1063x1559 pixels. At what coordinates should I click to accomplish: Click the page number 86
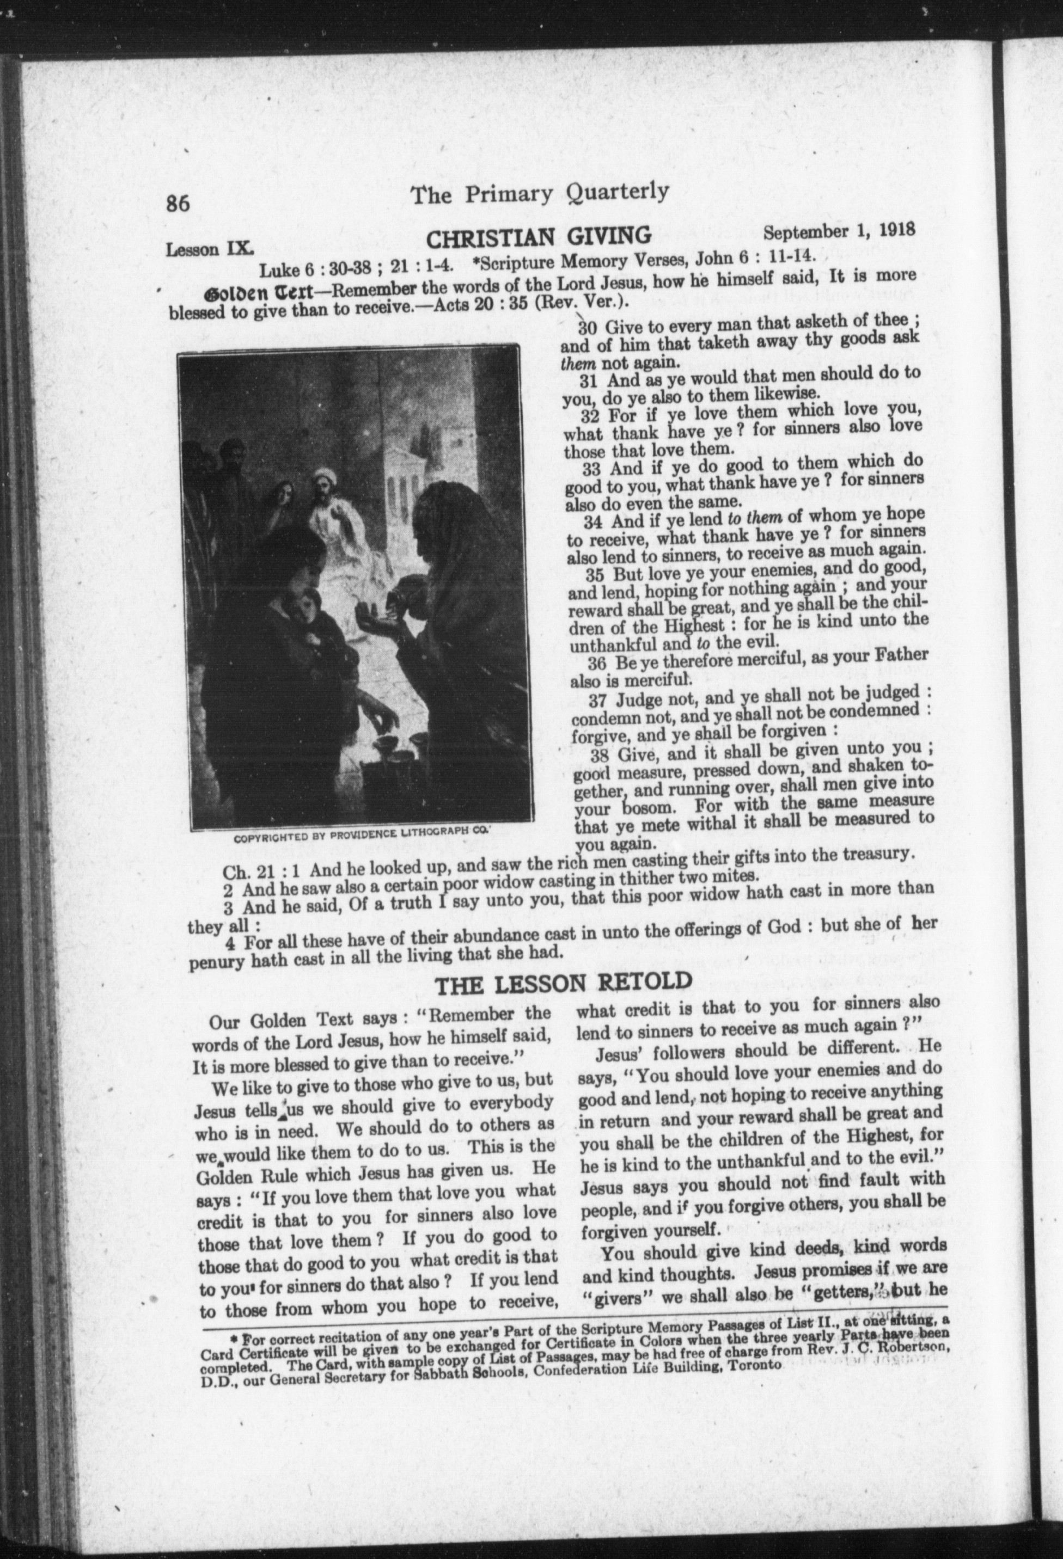pyautogui.click(x=179, y=202)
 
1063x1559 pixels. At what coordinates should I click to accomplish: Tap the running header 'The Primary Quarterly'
pyautogui.click(x=540, y=193)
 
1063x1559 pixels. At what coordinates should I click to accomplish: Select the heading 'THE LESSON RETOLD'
pyautogui.click(x=564, y=984)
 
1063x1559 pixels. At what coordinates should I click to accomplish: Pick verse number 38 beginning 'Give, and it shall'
pyautogui.click(x=598, y=756)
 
